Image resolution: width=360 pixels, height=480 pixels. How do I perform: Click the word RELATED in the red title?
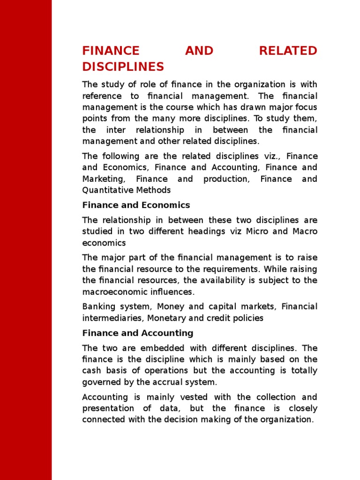[288, 51]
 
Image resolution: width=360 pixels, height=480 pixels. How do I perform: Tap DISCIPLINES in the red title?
[123, 67]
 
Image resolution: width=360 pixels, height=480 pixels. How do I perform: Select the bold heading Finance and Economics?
[136, 205]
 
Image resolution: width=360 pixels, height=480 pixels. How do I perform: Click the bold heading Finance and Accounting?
[138, 333]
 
